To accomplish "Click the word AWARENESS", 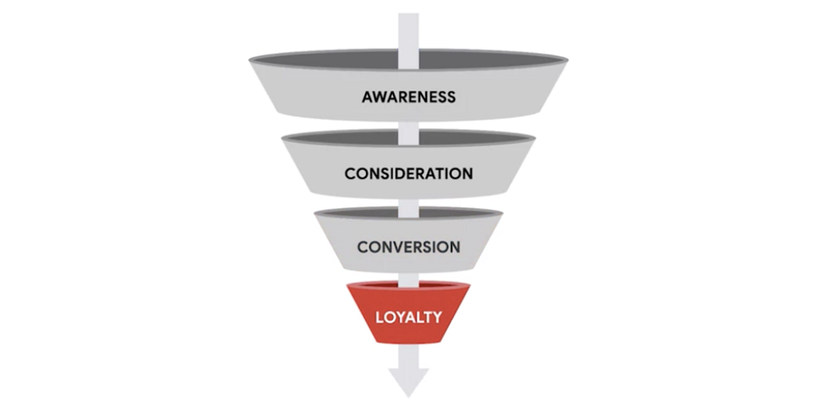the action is pyautogui.click(x=408, y=97).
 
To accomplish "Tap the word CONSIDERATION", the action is pyautogui.click(x=408, y=173).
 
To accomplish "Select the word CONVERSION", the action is pyautogui.click(x=408, y=248).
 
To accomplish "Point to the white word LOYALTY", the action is pyautogui.click(x=408, y=318).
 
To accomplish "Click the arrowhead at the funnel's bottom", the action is pyautogui.click(x=408, y=382).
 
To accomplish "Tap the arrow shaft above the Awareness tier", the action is pyautogui.click(x=408, y=40).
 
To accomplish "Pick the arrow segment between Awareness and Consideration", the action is pyautogui.click(x=408, y=133).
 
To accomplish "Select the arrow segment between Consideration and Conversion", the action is pyautogui.click(x=408, y=208).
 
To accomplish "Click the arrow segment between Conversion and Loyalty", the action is pyautogui.click(x=408, y=280).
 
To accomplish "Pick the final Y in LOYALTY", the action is pyautogui.click(x=437, y=318).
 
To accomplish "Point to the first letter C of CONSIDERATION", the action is pyautogui.click(x=350, y=173).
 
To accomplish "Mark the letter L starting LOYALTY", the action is pyautogui.click(x=379, y=318).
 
